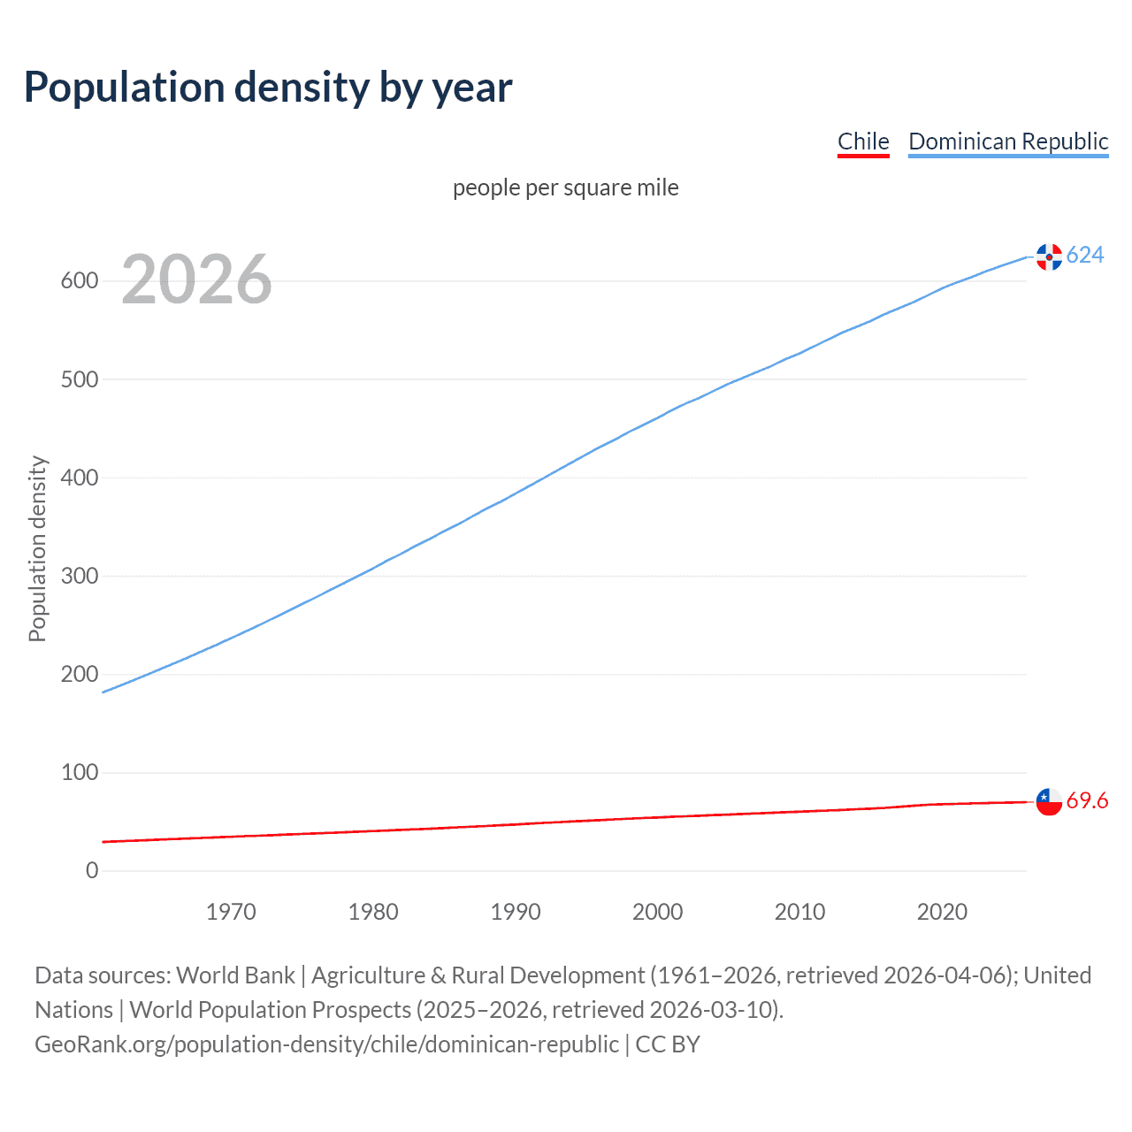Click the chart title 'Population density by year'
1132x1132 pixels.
pos(268,87)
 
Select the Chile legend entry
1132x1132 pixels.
pos(863,141)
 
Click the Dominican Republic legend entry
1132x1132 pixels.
pos(1008,141)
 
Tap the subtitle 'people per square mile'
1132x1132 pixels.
pos(566,187)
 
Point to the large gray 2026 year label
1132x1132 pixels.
pos(196,279)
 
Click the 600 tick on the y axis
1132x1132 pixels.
pos(79,281)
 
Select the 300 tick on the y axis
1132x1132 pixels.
pos(79,576)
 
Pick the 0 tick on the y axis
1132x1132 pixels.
pos(92,870)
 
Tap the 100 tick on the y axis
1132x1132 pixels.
pos(79,772)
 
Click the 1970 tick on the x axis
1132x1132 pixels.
pos(231,912)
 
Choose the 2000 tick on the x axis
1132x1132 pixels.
pos(657,912)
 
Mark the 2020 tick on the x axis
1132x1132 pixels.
pos(942,912)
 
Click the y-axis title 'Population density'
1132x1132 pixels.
pos(37,548)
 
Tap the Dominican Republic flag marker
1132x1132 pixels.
pos(1049,256)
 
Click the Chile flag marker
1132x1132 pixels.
pos(1049,801)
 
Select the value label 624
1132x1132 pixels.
pos(1085,255)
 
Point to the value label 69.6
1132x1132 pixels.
pos(1087,800)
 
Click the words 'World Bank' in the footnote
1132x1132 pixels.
pos(235,975)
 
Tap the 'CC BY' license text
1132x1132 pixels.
pos(668,1044)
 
